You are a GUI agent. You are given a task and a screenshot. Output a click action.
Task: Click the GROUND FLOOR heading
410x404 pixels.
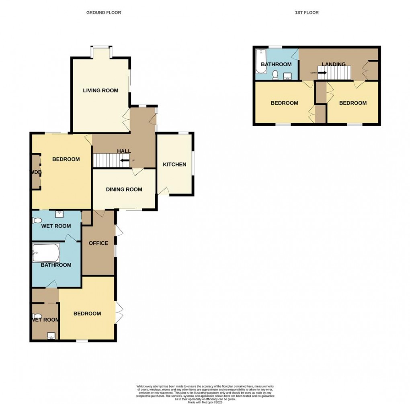tap(103, 12)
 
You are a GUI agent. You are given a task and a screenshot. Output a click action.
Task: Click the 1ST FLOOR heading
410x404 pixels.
tap(307, 12)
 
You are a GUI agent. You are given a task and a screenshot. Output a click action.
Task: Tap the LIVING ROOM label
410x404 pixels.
tap(100, 90)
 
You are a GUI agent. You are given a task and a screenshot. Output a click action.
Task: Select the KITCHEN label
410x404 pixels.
tap(174, 164)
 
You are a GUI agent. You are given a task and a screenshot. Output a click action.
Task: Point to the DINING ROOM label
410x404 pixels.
tap(124, 189)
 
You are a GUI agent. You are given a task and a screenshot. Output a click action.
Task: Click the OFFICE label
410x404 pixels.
tap(98, 243)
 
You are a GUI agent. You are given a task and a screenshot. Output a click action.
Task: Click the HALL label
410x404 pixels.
tap(124, 151)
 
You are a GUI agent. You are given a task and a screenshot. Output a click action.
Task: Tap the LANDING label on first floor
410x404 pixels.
tap(333, 64)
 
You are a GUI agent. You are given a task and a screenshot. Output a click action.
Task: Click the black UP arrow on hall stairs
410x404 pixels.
tap(125, 161)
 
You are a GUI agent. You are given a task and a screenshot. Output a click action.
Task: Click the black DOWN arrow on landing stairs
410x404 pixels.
tap(322, 73)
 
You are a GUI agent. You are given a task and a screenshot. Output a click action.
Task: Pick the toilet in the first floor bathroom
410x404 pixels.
tap(276, 75)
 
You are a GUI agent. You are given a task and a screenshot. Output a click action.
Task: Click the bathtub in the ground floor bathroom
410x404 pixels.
tap(46, 253)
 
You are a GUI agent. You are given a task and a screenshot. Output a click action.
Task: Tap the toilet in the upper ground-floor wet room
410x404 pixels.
tap(37, 220)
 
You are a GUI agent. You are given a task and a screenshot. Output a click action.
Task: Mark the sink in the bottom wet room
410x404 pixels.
tap(51, 336)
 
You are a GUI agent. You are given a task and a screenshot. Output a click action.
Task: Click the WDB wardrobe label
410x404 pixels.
tap(37, 172)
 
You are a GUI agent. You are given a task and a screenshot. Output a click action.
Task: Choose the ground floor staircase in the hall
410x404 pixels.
tap(108, 161)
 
